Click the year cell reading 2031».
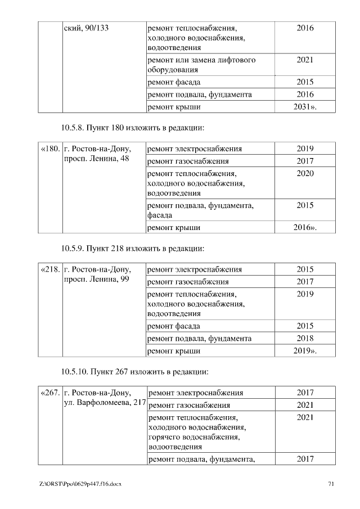pos(305,106)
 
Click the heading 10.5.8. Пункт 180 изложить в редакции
pos(132,128)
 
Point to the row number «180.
pos(51,149)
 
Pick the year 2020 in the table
pos(305,173)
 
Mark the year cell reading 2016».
pos(305,228)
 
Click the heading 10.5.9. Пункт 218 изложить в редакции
pos(132,248)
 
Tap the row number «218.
pos(51,269)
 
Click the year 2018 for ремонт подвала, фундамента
pos(305,339)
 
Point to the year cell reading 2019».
pos(305,352)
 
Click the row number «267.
pos(51,393)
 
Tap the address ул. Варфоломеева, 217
pos(105,403)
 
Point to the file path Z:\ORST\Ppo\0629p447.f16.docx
pos(80,484)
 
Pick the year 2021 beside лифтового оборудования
pos(305,60)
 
